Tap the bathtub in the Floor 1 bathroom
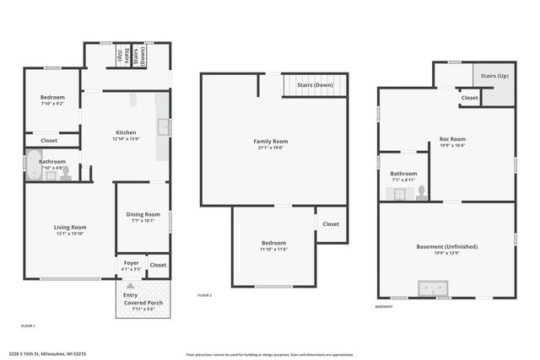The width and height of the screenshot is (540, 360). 31,165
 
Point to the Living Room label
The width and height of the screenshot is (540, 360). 71,227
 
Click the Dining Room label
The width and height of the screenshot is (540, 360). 143,215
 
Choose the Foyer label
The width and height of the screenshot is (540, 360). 131,263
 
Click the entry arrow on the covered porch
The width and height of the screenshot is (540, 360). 130,287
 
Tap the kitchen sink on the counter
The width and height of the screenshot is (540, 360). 164,128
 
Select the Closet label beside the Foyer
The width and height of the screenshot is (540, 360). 158,265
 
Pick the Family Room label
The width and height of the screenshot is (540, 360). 271,142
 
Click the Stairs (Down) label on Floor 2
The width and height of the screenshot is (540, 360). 315,85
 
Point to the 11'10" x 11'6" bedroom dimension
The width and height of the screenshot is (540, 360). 273,250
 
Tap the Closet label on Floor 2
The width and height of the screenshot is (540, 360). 331,224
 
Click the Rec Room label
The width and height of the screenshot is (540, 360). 452,139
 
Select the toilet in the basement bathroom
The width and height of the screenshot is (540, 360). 419,194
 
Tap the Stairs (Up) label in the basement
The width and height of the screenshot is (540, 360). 494,76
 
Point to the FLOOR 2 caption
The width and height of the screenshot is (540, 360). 205,296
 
